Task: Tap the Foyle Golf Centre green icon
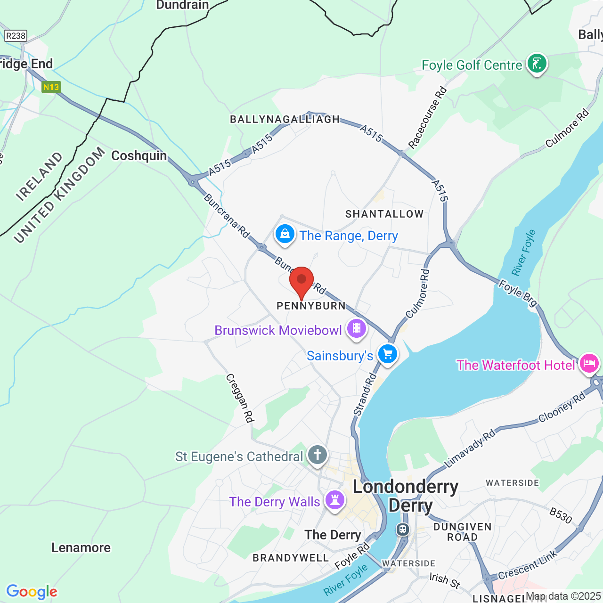point(537,63)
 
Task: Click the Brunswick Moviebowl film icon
point(357,328)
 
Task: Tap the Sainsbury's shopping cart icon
point(388,354)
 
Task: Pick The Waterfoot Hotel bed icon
point(589,364)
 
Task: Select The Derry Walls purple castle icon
point(335,500)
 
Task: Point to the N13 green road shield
point(51,87)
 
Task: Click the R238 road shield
point(16,36)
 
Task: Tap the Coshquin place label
point(139,156)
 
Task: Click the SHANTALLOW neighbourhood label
point(384,214)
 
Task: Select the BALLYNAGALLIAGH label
point(285,120)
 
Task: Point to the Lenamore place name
point(81,547)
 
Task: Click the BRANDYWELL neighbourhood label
point(291,558)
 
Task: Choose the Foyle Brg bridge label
point(518,293)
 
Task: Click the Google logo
point(32,592)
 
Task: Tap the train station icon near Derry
point(403,530)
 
